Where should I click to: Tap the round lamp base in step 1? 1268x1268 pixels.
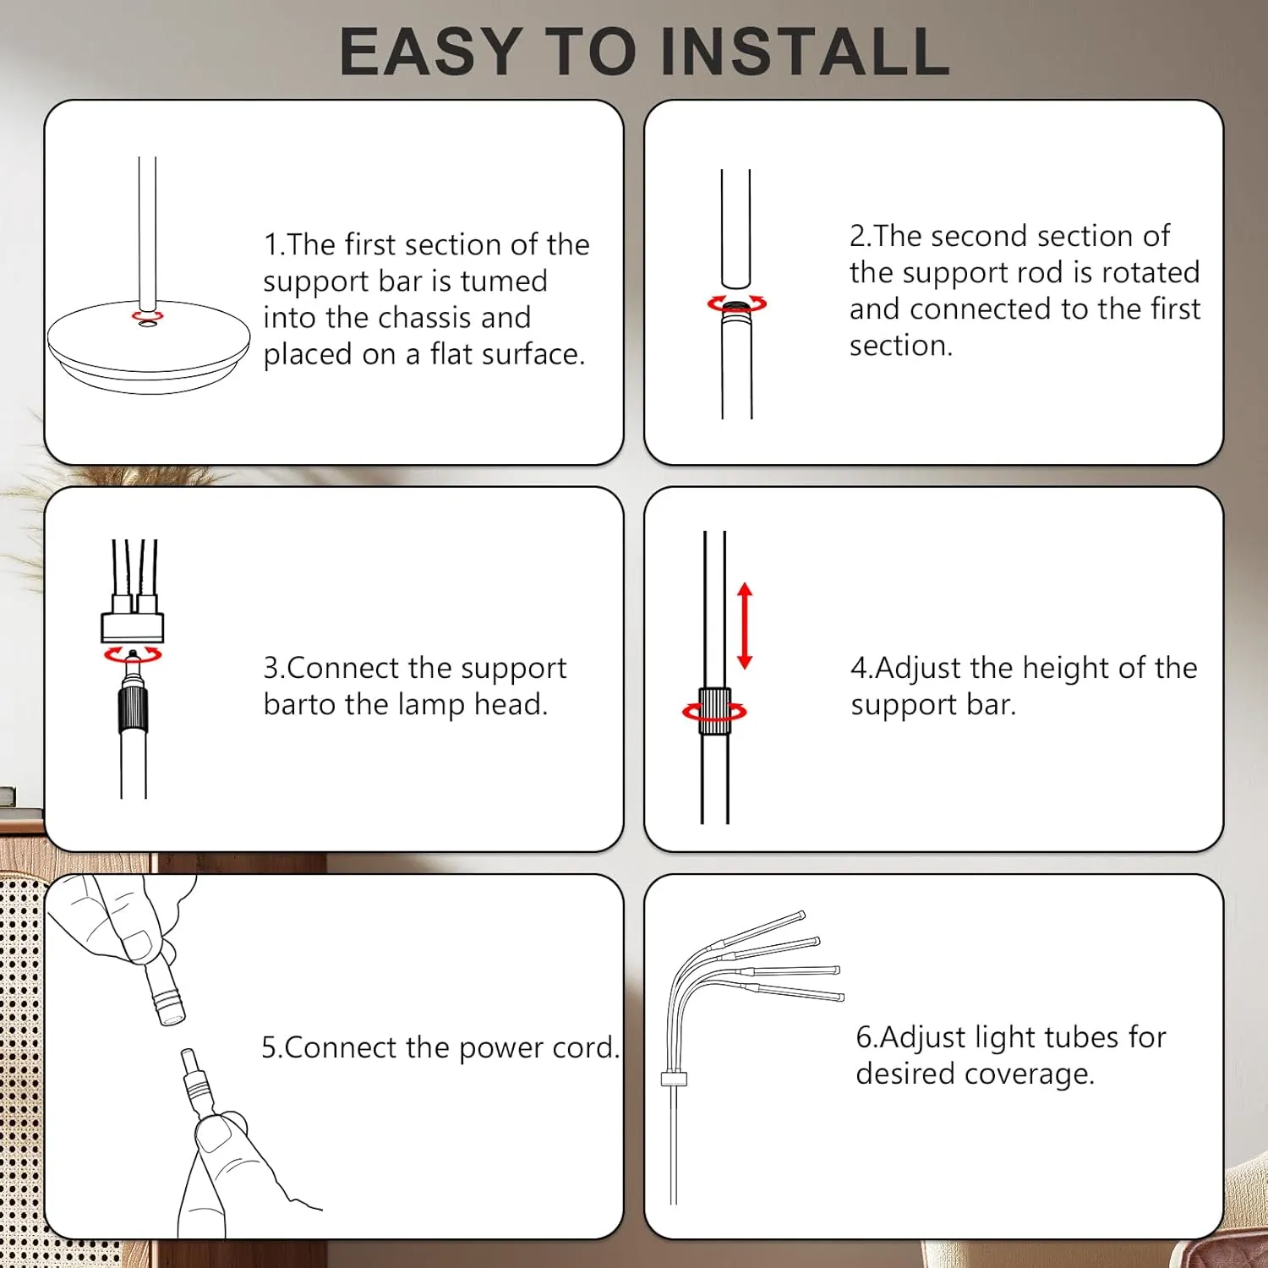(x=149, y=347)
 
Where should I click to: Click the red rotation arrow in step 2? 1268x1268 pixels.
(x=737, y=303)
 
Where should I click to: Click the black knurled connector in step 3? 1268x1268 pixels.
(x=133, y=708)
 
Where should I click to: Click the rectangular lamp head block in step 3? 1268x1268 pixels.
(x=133, y=626)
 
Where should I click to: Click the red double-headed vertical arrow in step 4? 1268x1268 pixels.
(x=745, y=626)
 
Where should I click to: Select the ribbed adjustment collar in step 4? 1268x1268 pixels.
(x=714, y=712)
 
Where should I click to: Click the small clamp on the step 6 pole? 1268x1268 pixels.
(x=674, y=1079)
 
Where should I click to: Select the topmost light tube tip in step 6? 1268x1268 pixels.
(x=801, y=915)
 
